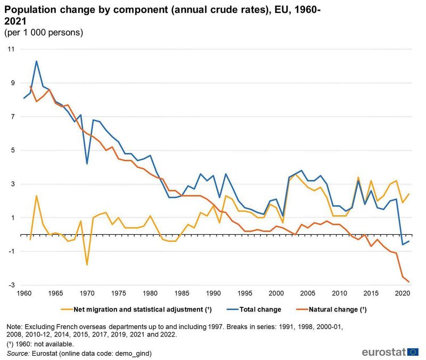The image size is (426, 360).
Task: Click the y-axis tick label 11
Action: click(x=11, y=49)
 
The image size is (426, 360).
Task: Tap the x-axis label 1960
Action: click(x=23, y=293)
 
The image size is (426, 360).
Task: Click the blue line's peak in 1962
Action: click(x=36, y=61)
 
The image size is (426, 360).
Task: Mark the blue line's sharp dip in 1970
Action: click(x=87, y=163)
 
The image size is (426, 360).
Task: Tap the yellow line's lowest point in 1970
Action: click(x=87, y=265)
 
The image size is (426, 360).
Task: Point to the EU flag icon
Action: click(x=413, y=352)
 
